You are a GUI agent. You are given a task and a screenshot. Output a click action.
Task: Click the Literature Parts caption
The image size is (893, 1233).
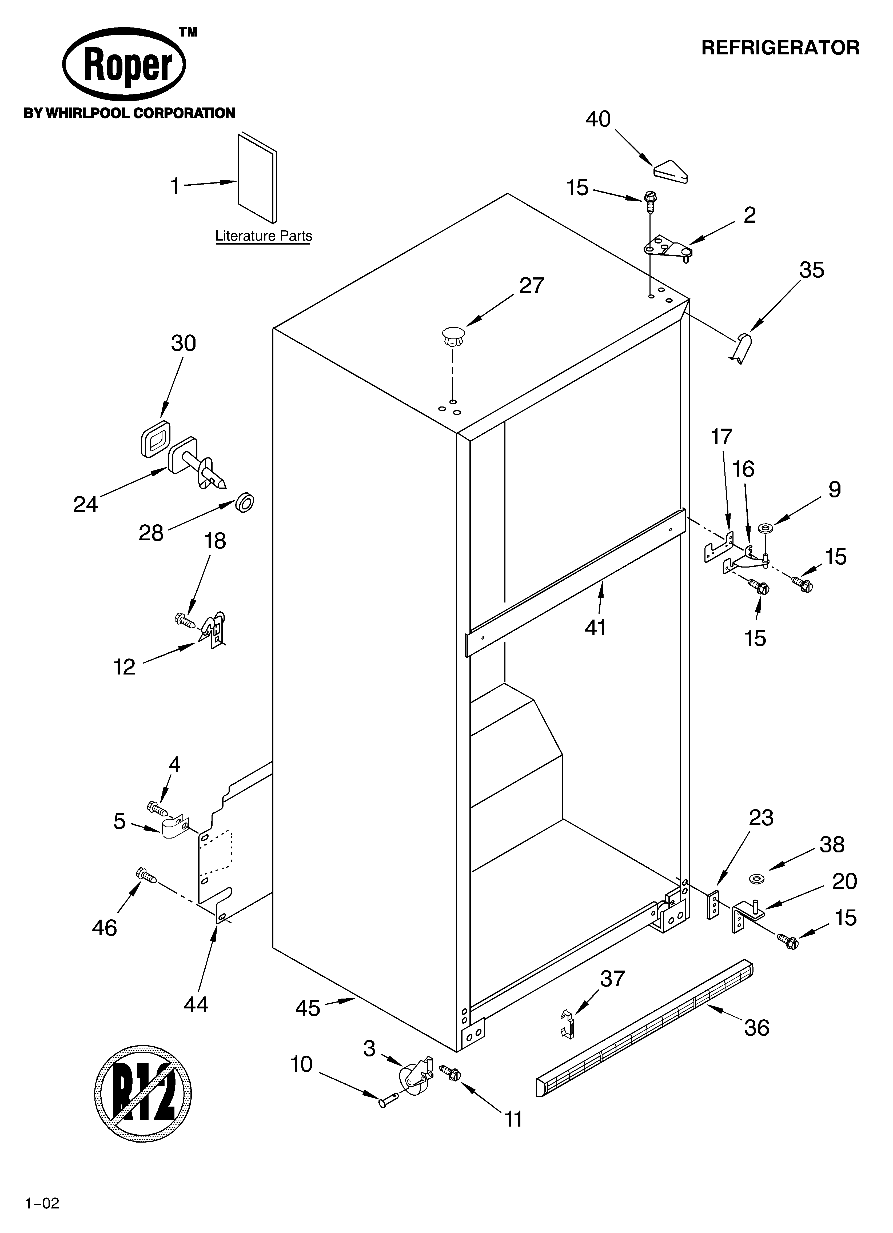(264, 236)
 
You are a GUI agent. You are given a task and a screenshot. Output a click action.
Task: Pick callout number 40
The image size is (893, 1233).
(598, 119)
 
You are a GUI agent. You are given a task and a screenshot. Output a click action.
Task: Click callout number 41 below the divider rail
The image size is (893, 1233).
(596, 628)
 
